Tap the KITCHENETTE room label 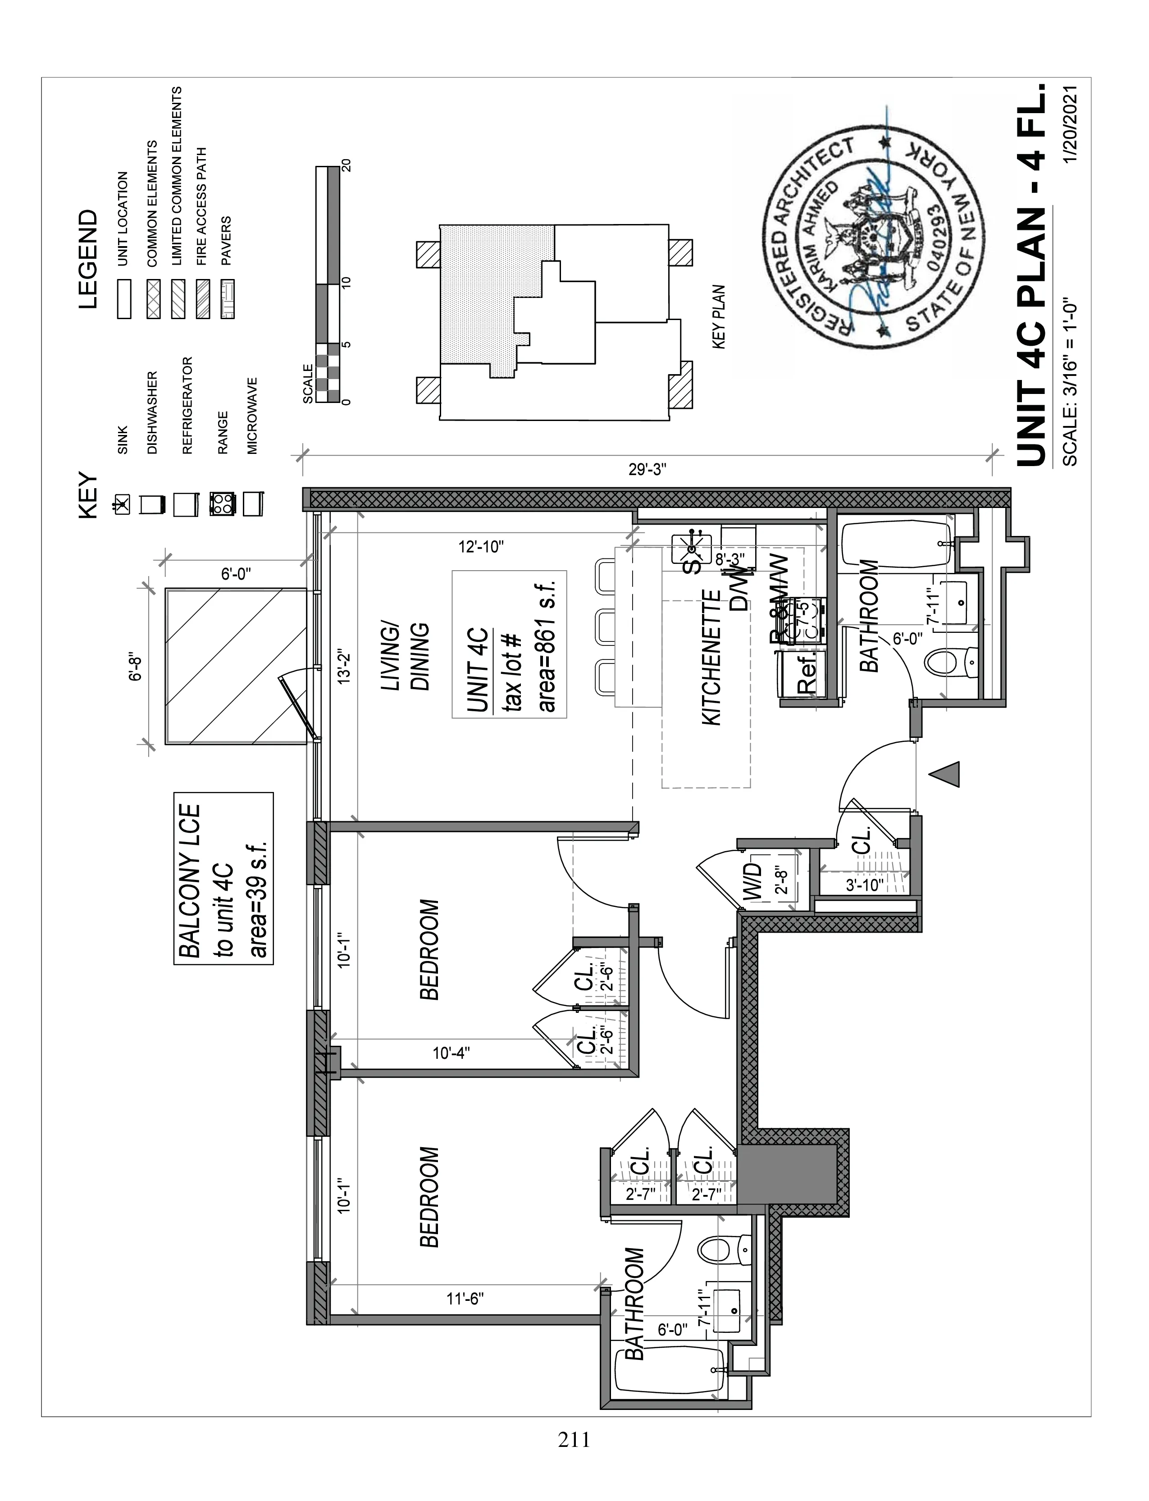point(712,658)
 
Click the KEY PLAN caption point(719,317)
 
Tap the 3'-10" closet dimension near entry point(865,884)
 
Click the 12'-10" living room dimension point(481,547)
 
